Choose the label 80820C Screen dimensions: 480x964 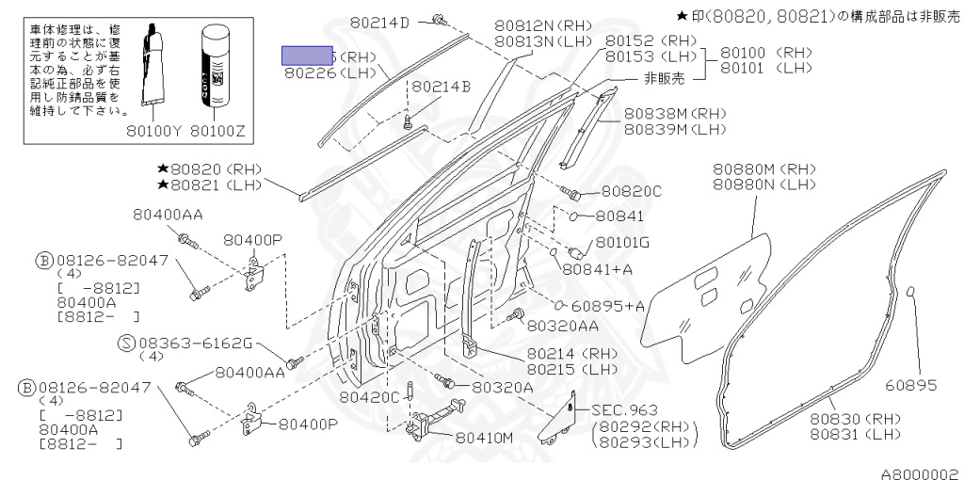tap(632, 192)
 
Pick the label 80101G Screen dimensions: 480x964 tap(622, 242)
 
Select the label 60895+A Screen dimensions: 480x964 tap(608, 305)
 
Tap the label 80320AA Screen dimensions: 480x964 tap(563, 326)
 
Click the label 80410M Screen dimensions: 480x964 tap(484, 438)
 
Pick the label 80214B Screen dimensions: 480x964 tap(441, 87)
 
